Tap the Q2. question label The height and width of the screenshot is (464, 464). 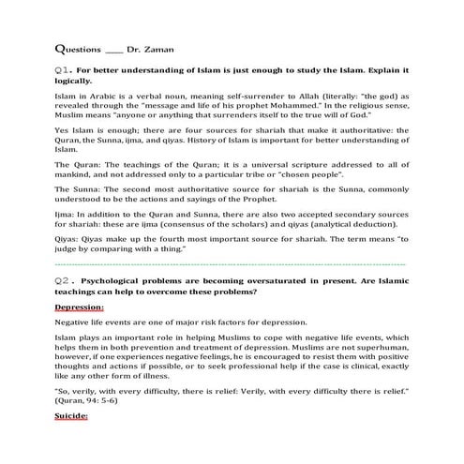[x=65, y=281]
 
